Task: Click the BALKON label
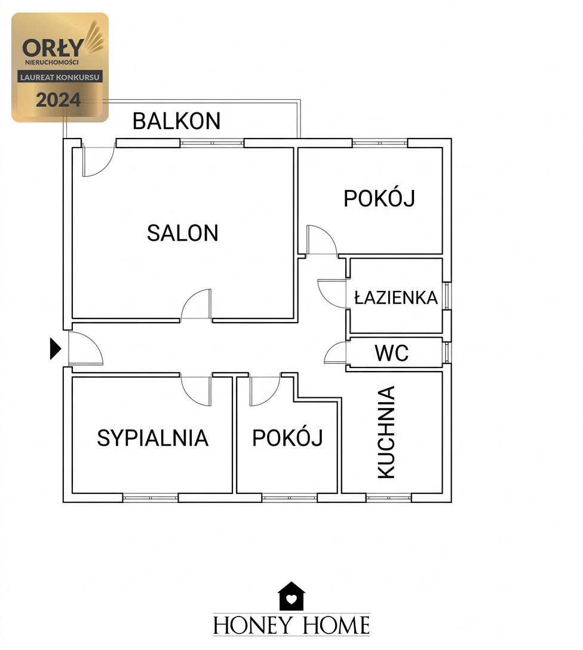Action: pyautogui.click(x=177, y=121)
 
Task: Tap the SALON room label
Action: pyautogui.click(x=183, y=232)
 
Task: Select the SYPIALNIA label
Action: pyautogui.click(x=152, y=438)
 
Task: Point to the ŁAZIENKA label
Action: pyautogui.click(x=395, y=298)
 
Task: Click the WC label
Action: pyautogui.click(x=392, y=353)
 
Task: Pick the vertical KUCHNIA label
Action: pyautogui.click(x=386, y=432)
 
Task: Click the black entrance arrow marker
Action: pyautogui.click(x=56, y=349)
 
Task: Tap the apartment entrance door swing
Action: pyautogui.click(x=85, y=348)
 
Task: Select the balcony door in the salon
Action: pyautogui.click(x=98, y=160)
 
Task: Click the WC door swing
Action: pyautogui.click(x=335, y=353)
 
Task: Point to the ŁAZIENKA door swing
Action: pyautogui.click(x=332, y=293)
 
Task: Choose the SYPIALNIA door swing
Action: pyautogui.click(x=196, y=391)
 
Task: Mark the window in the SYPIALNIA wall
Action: pyautogui.click(x=151, y=498)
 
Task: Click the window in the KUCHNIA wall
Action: pyautogui.click(x=389, y=498)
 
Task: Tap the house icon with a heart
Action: pyautogui.click(x=291, y=596)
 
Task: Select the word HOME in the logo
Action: pyautogui.click(x=336, y=625)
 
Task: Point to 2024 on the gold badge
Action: pyautogui.click(x=59, y=100)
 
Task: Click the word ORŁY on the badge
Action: pyautogui.click(x=53, y=48)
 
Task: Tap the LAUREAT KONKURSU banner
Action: pyautogui.click(x=60, y=77)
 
